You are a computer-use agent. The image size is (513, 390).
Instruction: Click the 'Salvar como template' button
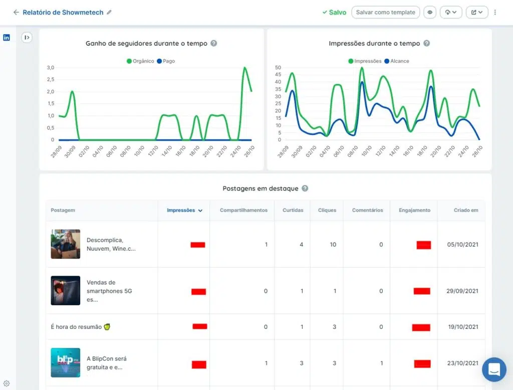coord(385,12)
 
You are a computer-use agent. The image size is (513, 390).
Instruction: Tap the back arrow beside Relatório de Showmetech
coord(16,13)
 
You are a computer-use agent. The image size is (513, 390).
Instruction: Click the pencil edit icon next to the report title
coord(109,13)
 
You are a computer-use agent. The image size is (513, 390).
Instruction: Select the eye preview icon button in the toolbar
coord(429,12)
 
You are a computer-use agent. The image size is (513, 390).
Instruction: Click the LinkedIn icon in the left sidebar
coord(7,38)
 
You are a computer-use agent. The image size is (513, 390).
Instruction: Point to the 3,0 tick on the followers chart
coord(50,68)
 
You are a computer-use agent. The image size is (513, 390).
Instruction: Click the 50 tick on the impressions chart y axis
coord(278,68)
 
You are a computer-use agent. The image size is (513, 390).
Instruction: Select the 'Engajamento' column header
coord(414,211)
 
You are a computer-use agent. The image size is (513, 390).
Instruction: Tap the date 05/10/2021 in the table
coord(463,245)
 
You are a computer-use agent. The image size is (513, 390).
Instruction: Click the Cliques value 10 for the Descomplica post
coord(333,245)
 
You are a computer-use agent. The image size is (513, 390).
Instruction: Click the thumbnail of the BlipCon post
coord(65,362)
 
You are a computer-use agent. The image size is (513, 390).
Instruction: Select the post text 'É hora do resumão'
coord(77,327)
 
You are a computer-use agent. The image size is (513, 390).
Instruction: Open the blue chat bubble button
coord(494,370)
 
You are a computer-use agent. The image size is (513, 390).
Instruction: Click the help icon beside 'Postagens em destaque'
coord(305,188)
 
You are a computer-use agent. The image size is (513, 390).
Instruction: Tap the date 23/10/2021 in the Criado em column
coord(463,363)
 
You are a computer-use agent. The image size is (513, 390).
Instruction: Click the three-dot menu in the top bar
coord(495,12)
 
